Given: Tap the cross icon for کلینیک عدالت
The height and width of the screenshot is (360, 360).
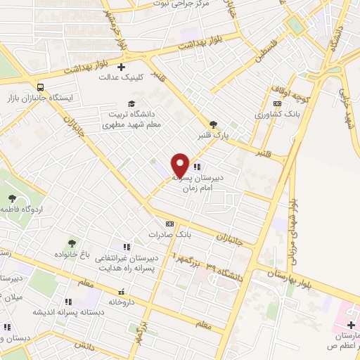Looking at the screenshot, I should tap(121, 67).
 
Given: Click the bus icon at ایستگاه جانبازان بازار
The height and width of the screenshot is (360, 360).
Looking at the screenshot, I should tap(41, 87).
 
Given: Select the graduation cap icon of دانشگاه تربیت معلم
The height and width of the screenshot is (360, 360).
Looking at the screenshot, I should tap(131, 103).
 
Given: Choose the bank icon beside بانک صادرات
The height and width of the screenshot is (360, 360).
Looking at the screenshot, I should tap(169, 223).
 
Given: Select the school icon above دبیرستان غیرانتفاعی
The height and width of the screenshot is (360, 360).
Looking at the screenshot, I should tap(127, 247).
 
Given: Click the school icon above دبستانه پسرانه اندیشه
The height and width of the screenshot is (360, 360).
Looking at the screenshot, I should tap(68, 302).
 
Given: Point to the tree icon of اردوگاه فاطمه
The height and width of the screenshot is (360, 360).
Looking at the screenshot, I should tap(12, 198).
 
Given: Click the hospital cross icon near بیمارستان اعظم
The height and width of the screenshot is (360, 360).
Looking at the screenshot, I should tap(351, 325).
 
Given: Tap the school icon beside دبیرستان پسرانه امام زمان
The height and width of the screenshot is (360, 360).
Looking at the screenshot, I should tap(196, 167).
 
